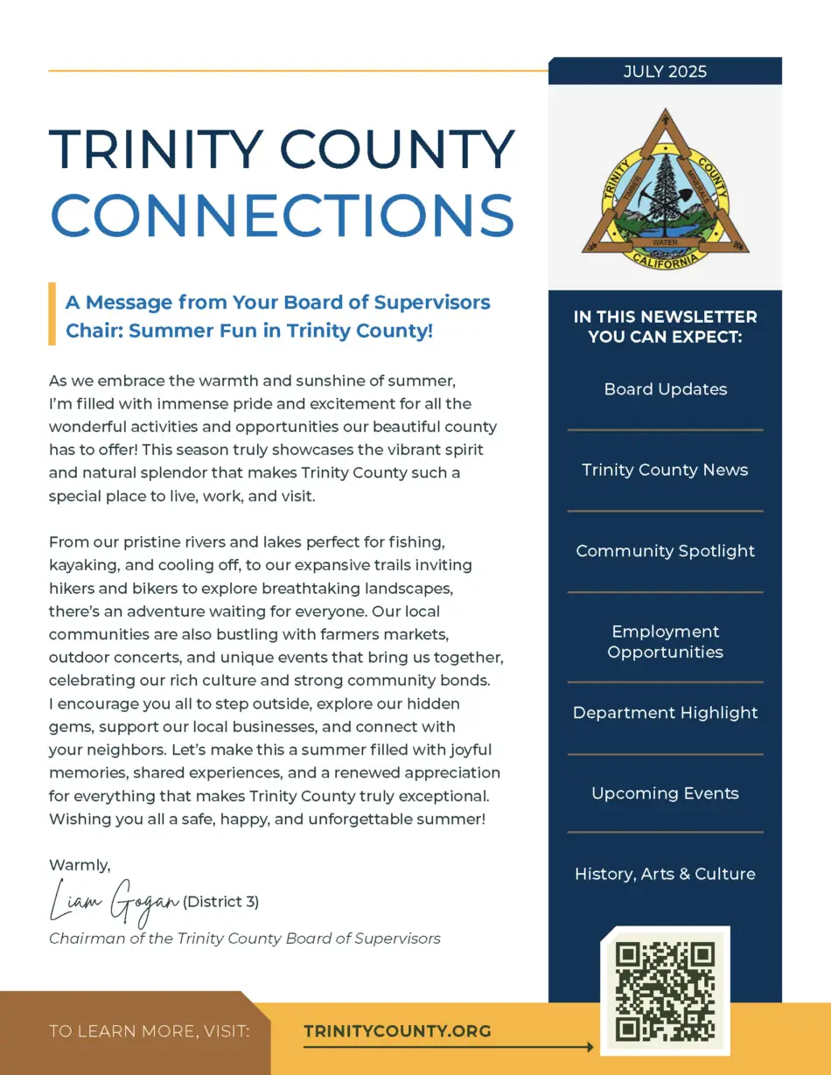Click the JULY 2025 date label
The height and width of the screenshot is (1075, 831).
pos(665,72)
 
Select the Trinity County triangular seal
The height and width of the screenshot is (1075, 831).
pos(665,187)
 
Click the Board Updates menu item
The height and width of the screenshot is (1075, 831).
pos(665,389)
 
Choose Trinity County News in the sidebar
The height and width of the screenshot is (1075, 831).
pos(665,470)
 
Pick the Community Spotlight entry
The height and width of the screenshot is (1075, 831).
pos(665,551)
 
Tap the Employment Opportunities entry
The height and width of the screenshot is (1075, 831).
pos(665,642)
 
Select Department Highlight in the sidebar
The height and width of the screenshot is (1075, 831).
pos(665,713)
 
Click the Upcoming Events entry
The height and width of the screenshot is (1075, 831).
pos(665,793)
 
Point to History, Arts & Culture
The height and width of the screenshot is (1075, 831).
pos(665,874)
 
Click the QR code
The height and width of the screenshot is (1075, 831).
pos(665,991)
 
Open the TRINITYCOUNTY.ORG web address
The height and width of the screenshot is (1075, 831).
pos(397,1031)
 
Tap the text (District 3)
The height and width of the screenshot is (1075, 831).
pos(220,901)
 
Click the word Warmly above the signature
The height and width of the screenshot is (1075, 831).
pos(80,865)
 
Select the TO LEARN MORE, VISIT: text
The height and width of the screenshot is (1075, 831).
pos(150,1031)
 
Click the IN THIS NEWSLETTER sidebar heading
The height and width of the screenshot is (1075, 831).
pos(665,326)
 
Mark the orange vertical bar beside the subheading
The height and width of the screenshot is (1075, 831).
pos(52,313)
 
